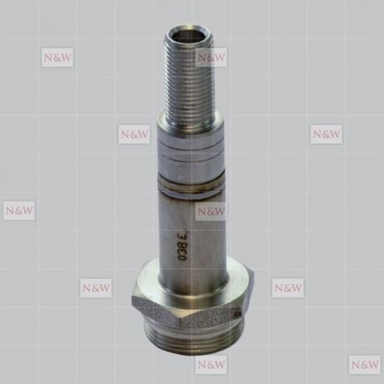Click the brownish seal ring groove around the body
(191, 182)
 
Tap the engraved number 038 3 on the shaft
(183, 246)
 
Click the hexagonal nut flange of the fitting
(192, 300)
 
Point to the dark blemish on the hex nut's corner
(238, 314)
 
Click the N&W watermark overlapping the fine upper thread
(211, 58)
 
